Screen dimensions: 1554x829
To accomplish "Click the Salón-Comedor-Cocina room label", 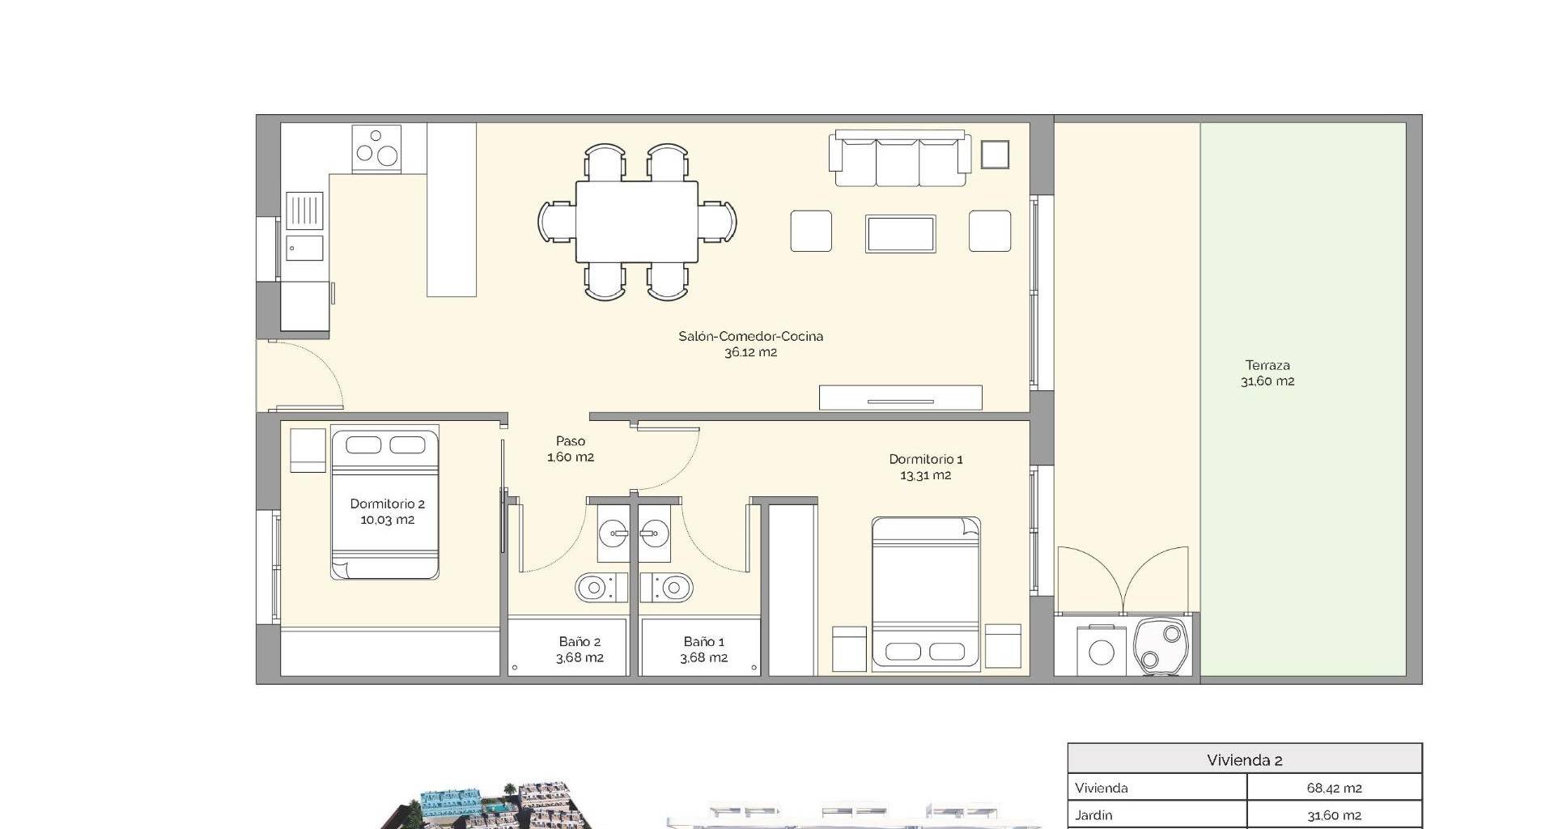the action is point(750,344).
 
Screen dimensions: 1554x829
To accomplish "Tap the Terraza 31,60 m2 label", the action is point(1267,373).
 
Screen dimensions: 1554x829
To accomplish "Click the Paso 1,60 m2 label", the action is point(571,449).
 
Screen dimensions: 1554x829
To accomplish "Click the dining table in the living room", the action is point(637,222).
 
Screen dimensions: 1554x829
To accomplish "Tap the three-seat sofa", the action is point(899,159).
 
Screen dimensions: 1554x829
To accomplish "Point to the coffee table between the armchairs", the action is point(901,234).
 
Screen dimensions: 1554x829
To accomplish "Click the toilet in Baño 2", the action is point(601,586).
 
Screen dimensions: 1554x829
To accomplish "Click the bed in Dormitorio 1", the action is point(927,593).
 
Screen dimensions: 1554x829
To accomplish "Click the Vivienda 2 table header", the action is point(1245,760).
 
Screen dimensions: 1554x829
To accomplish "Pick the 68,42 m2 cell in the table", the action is point(1334,788).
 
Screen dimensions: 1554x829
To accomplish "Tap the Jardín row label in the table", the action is point(1093,815).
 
